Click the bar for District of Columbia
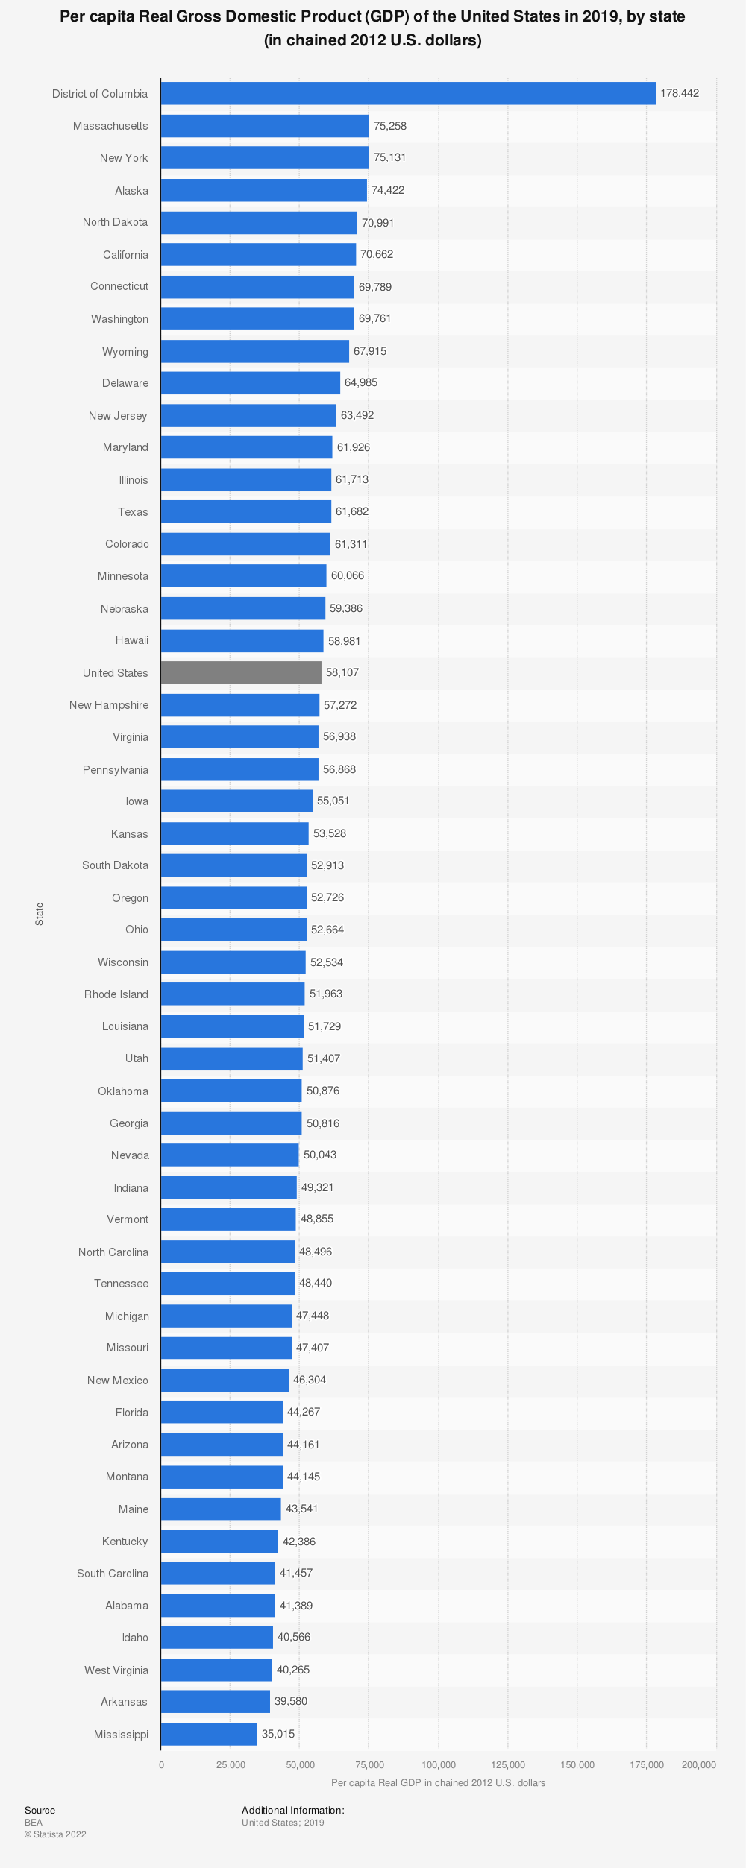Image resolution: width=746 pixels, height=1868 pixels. (x=407, y=93)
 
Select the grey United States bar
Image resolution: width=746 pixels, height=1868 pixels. (x=241, y=672)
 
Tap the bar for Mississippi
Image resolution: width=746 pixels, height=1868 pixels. (x=209, y=1734)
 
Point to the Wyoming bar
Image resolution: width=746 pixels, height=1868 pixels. (x=254, y=351)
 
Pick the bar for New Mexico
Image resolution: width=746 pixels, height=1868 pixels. (x=225, y=1380)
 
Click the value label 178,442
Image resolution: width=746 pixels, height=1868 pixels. (x=680, y=93)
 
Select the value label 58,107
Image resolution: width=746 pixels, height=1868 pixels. (x=342, y=672)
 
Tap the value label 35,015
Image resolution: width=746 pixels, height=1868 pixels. (x=278, y=1734)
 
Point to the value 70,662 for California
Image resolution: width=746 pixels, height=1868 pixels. (x=377, y=254)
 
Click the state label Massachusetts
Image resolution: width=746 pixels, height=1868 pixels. (x=110, y=126)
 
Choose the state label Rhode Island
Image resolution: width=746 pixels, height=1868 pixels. (x=116, y=994)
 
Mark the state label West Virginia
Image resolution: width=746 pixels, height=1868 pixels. (x=116, y=1670)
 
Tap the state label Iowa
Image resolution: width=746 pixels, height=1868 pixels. (x=137, y=801)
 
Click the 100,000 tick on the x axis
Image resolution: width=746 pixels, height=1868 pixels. (x=439, y=1764)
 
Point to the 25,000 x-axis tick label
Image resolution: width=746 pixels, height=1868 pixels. (x=231, y=1764)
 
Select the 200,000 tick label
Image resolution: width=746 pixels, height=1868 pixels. (x=699, y=1764)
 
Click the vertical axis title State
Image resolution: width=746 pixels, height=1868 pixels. (x=40, y=914)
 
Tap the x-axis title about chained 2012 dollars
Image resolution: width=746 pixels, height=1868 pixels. (x=439, y=1783)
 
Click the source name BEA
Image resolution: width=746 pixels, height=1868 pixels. (x=34, y=1822)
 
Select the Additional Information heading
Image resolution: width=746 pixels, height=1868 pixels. (x=293, y=1810)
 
